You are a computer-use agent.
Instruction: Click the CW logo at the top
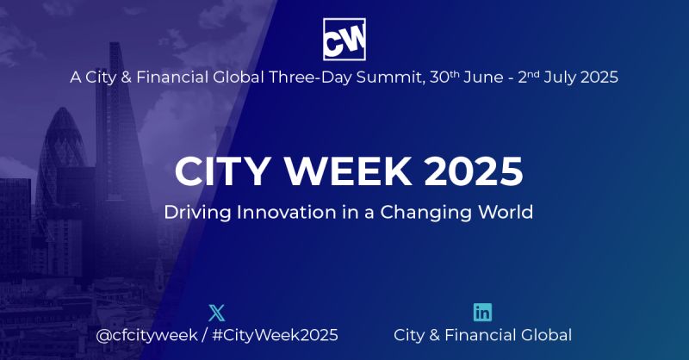coord(344,39)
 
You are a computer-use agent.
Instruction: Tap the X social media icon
coord(216,312)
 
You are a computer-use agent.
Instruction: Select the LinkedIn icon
coord(483,312)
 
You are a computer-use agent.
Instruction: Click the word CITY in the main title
coord(220,171)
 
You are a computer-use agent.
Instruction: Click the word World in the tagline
coord(508,211)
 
